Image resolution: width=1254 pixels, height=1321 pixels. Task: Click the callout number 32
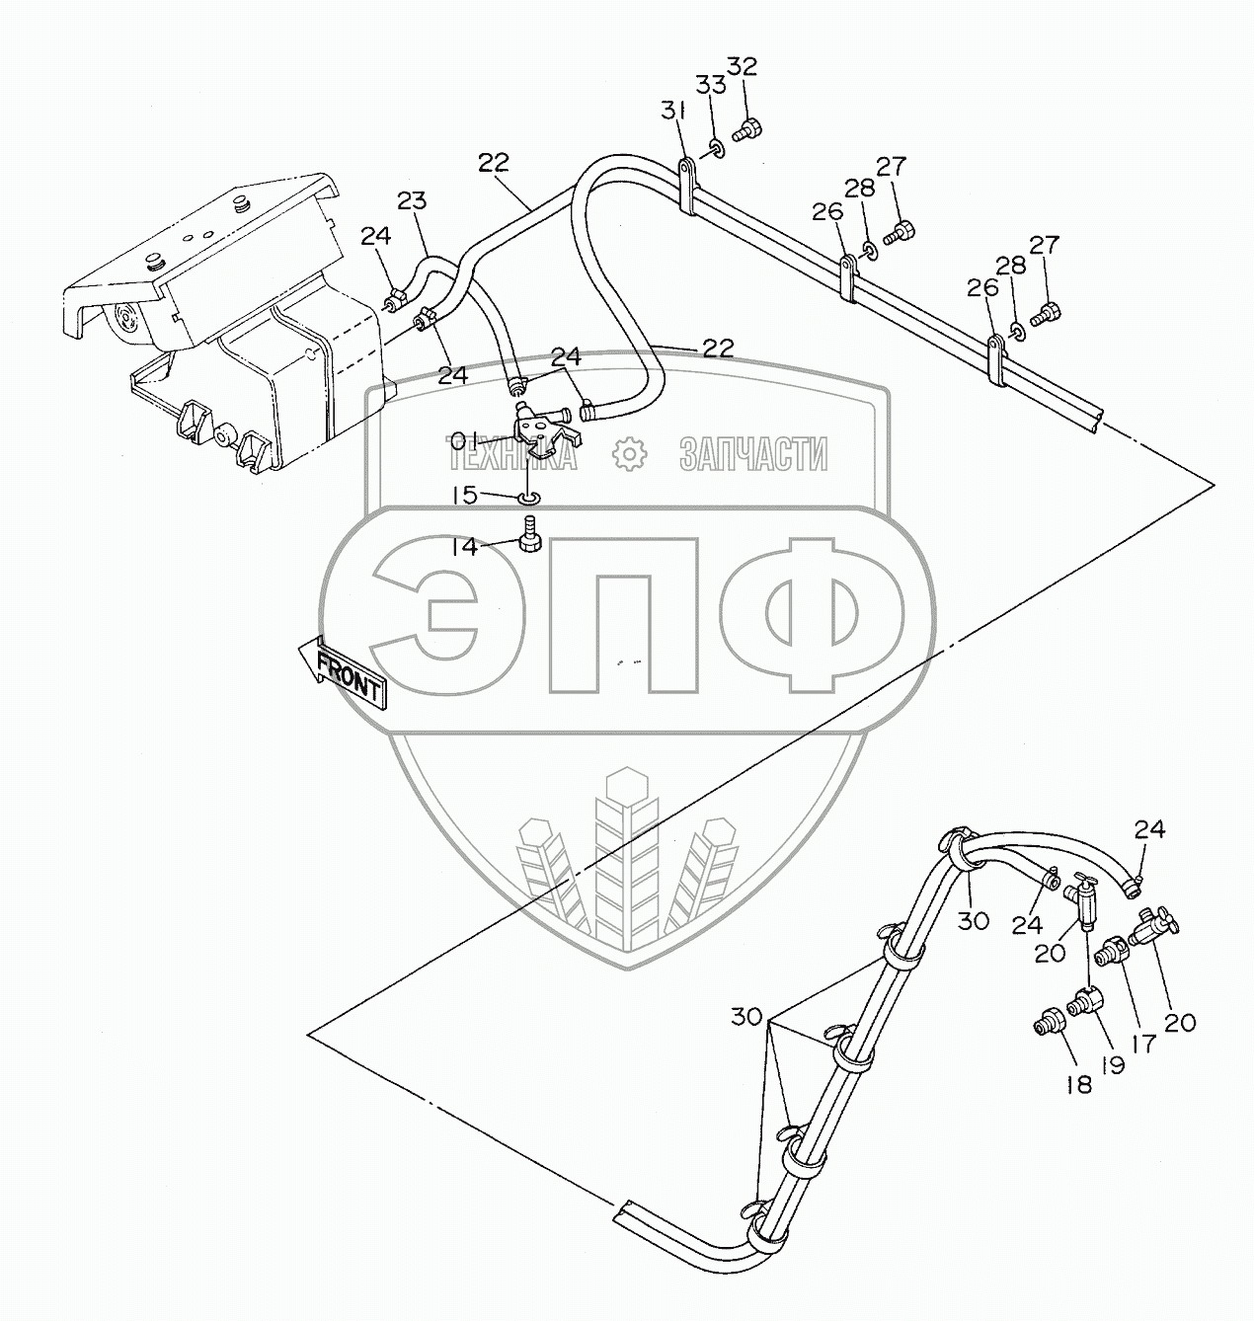(x=743, y=66)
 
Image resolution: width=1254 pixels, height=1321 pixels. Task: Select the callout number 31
(x=672, y=114)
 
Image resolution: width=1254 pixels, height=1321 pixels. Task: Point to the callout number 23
(x=413, y=202)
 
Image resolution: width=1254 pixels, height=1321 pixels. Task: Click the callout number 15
(x=465, y=495)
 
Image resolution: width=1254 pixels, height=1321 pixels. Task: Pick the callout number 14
(x=465, y=546)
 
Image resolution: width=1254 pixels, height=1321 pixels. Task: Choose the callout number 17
(x=1143, y=1044)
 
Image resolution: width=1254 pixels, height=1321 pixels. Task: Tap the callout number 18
(x=1079, y=1084)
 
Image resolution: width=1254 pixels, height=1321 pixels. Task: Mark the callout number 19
(x=1113, y=1064)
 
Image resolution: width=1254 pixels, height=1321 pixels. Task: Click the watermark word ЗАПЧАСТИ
(x=752, y=455)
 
